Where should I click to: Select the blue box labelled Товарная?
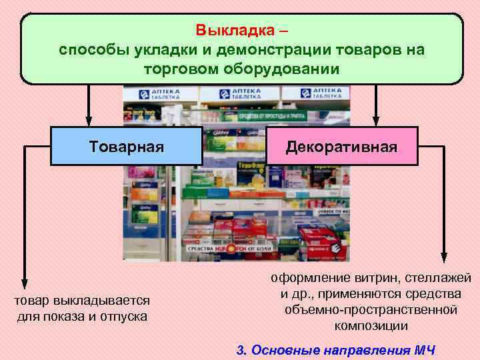pyautogui.click(x=127, y=146)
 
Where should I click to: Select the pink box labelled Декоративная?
pyautogui.click(x=342, y=146)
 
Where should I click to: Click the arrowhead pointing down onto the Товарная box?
pyautogui.click(x=87, y=120)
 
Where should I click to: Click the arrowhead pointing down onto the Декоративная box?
pyautogui.click(x=375, y=120)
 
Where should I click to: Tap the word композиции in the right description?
pyautogui.click(x=371, y=326)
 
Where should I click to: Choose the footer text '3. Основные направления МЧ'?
pyautogui.click(x=336, y=350)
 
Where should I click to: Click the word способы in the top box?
pyautogui.click(x=93, y=50)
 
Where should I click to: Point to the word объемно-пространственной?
pyautogui.click(x=371, y=310)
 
